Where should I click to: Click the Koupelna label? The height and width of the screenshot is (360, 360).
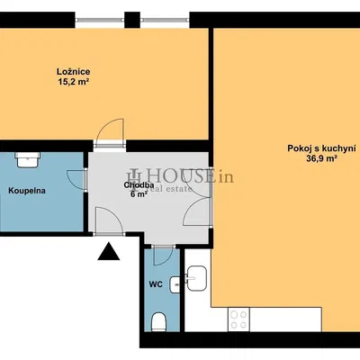[28, 191]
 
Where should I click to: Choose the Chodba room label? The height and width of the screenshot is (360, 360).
[138, 184]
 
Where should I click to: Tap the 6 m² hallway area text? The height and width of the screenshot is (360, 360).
[138, 194]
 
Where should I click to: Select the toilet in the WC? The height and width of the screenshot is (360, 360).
[158, 321]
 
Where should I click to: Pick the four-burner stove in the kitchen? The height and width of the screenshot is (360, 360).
[238, 318]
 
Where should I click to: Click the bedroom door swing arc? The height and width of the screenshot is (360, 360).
[108, 132]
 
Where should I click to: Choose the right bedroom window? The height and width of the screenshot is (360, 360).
[166, 17]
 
